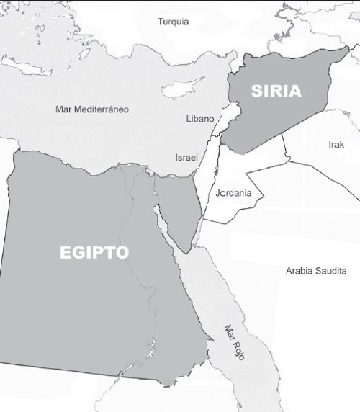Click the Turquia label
[x=173, y=22]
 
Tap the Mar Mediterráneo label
[x=91, y=109]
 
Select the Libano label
[x=199, y=117]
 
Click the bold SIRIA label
[x=275, y=91]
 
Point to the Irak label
[x=336, y=145]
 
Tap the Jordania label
[x=233, y=193]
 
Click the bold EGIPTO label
[x=94, y=253]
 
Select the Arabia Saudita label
[x=316, y=271]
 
